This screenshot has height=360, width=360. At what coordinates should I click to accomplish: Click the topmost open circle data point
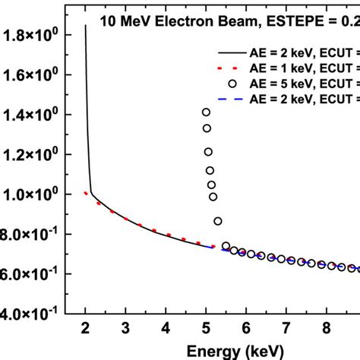pyautogui.click(x=206, y=112)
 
